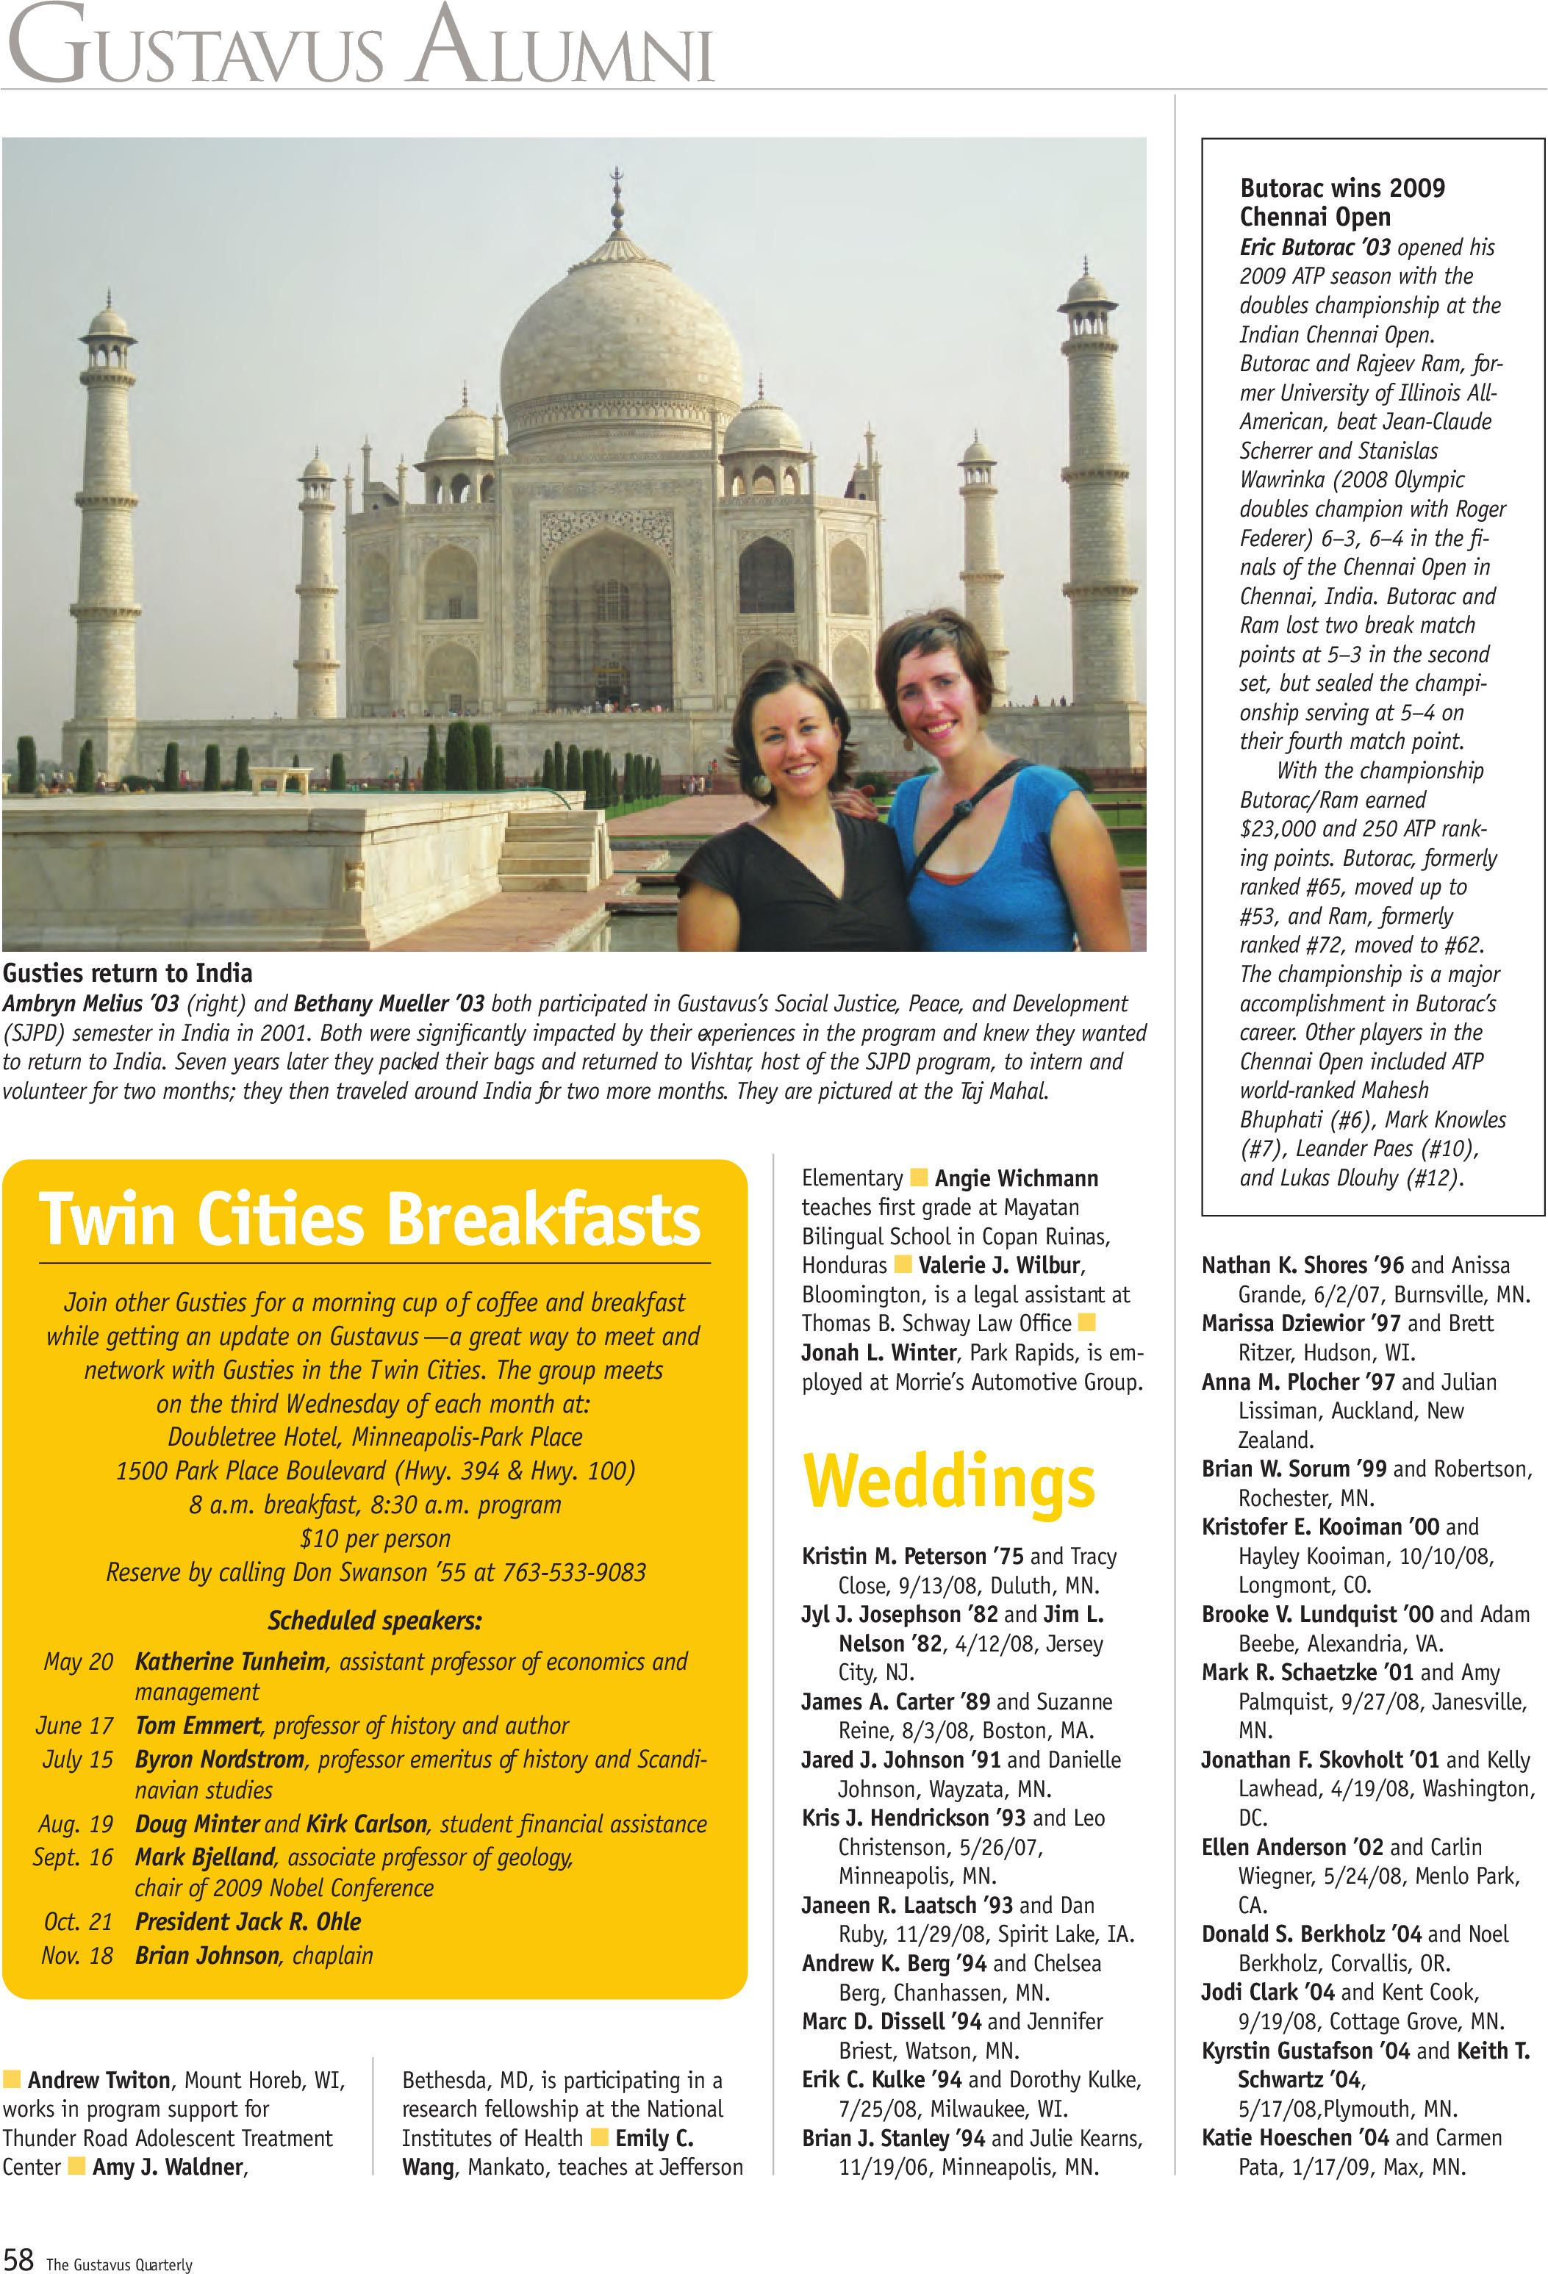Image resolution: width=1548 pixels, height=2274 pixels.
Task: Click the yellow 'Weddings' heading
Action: [948, 1483]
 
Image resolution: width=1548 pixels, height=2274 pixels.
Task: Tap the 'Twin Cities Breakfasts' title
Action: [370, 1219]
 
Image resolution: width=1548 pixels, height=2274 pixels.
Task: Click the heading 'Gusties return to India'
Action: [127, 972]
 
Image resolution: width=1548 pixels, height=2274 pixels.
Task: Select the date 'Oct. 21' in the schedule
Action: [78, 1922]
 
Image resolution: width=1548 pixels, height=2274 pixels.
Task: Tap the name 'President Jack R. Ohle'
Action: [248, 1922]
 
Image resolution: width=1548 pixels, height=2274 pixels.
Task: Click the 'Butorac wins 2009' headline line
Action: [1341, 188]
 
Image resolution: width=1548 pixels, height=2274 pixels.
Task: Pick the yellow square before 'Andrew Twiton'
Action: [12, 2079]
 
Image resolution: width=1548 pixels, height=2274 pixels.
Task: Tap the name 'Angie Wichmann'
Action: [1016, 1178]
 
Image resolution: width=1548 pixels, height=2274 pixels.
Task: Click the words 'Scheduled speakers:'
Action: [375, 1621]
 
